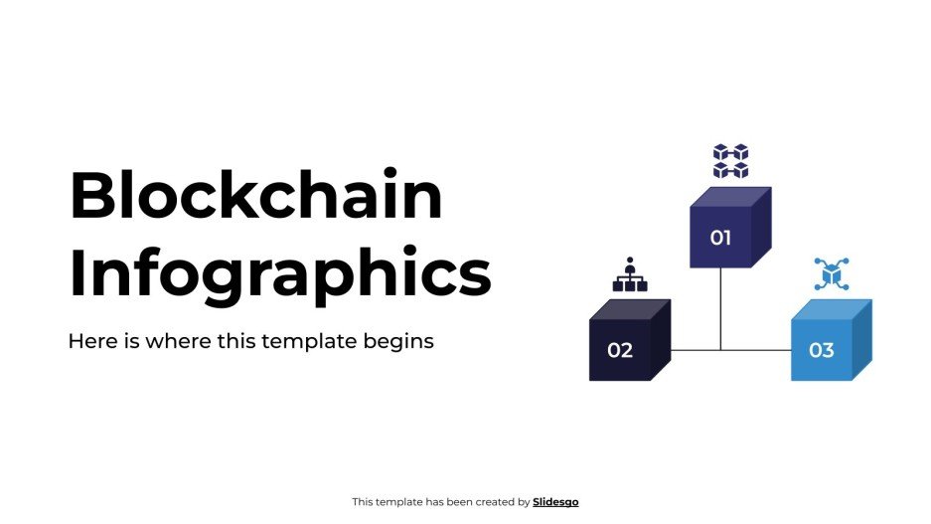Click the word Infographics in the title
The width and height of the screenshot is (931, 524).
coord(279,272)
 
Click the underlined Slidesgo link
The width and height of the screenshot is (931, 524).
coord(555,502)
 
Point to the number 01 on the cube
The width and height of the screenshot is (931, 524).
coord(720,238)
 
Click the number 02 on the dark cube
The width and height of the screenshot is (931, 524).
coord(620,350)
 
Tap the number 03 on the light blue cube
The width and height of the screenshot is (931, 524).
coord(821,350)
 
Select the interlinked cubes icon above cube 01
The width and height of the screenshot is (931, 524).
coord(730,161)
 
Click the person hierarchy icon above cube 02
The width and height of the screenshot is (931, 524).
coord(630,275)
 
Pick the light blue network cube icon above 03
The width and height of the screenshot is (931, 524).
coord(831,273)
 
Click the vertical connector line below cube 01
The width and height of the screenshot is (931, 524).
coord(720,308)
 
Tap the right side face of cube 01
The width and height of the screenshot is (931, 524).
coord(761,229)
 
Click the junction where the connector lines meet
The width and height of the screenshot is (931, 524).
coord(720,350)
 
